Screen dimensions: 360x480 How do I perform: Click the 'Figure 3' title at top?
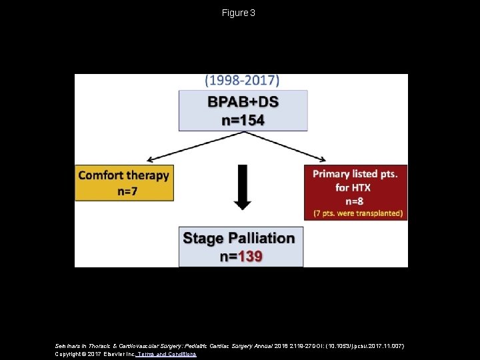click(239, 13)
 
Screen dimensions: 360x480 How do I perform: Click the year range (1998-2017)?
click(242, 81)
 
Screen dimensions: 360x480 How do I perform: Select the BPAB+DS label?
click(243, 102)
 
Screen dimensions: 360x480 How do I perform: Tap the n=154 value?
click(243, 120)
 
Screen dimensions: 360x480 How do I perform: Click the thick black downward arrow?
click(243, 187)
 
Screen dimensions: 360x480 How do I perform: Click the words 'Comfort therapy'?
click(124, 175)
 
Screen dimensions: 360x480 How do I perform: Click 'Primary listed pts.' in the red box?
click(355, 174)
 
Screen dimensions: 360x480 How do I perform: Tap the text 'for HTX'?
click(353, 187)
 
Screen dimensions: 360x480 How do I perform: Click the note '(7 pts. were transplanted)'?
click(358, 213)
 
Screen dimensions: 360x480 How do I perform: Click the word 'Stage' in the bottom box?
click(203, 238)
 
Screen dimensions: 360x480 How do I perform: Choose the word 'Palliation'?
click(261, 238)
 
